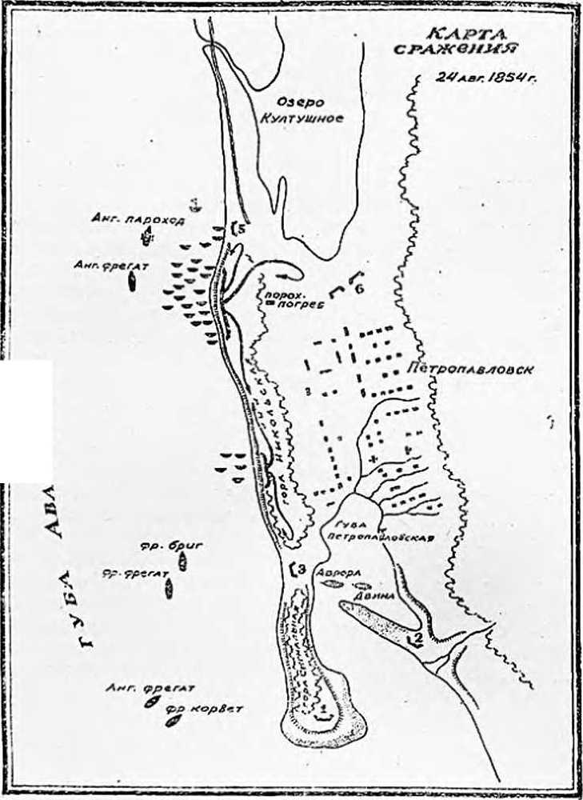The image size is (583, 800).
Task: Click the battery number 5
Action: pyautogui.click(x=238, y=229)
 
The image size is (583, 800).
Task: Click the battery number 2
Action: pyautogui.click(x=417, y=638)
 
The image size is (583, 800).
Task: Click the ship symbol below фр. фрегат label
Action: pyautogui.click(x=169, y=590)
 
